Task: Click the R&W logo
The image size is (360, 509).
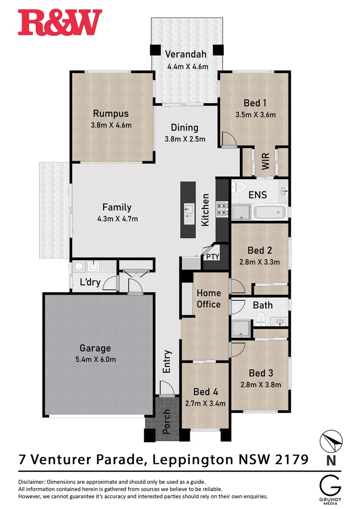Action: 60,23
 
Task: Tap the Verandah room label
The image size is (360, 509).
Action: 186,54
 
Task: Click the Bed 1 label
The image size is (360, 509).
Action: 255,103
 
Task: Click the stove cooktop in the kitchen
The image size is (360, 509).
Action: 222,208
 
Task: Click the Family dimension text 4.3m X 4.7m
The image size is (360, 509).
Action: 117,218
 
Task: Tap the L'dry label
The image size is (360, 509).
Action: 90,283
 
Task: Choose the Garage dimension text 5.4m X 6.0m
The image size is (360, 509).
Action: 95,360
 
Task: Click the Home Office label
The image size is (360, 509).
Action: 209,299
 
